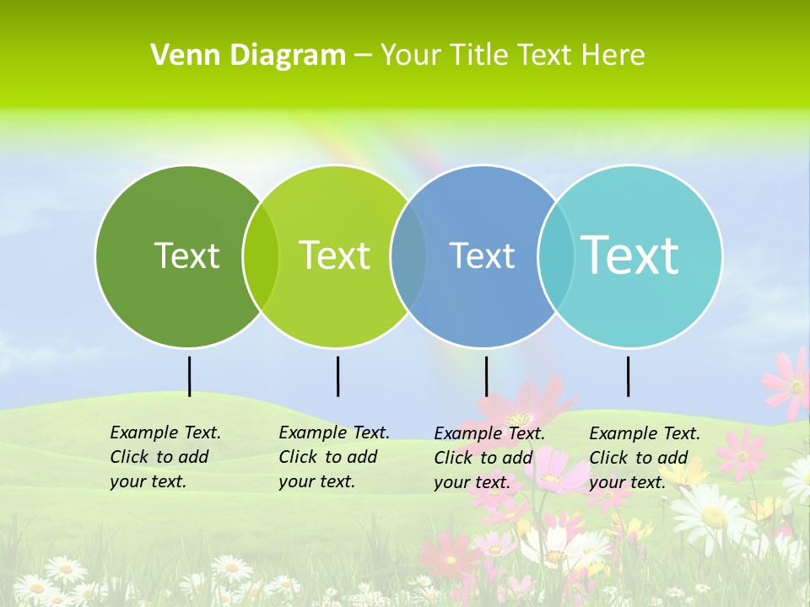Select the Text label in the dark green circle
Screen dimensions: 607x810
pos(186,255)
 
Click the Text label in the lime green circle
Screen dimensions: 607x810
pos(334,255)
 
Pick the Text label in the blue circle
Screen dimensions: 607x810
pos(482,255)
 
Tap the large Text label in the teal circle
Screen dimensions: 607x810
pos(630,255)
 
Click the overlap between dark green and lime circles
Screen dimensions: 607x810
pos(261,256)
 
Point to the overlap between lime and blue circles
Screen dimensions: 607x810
pos(408,256)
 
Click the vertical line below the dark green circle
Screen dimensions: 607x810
pos(189,376)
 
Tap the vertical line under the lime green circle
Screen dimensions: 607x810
pos(337,376)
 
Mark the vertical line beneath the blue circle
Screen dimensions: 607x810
pos(486,376)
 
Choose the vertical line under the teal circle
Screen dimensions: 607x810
pos(628,376)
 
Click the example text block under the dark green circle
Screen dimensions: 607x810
pos(165,457)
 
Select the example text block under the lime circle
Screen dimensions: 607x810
pos(334,457)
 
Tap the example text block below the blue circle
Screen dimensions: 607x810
pos(489,458)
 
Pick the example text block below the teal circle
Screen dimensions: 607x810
pos(645,458)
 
